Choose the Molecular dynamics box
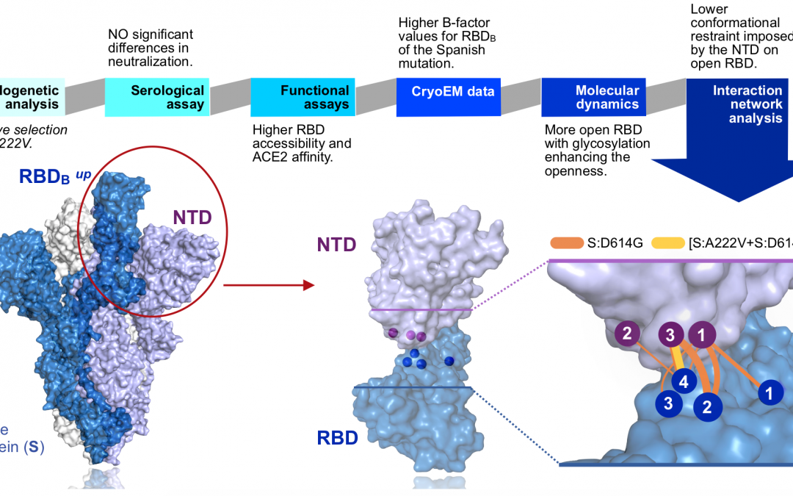(x=594, y=98)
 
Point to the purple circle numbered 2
(x=627, y=335)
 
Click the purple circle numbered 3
(x=670, y=335)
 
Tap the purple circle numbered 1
(x=702, y=335)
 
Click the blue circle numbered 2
(x=708, y=407)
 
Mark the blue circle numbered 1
(x=770, y=393)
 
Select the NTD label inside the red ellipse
(x=193, y=217)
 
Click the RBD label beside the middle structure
(x=338, y=439)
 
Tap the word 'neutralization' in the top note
(x=150, y=62)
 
